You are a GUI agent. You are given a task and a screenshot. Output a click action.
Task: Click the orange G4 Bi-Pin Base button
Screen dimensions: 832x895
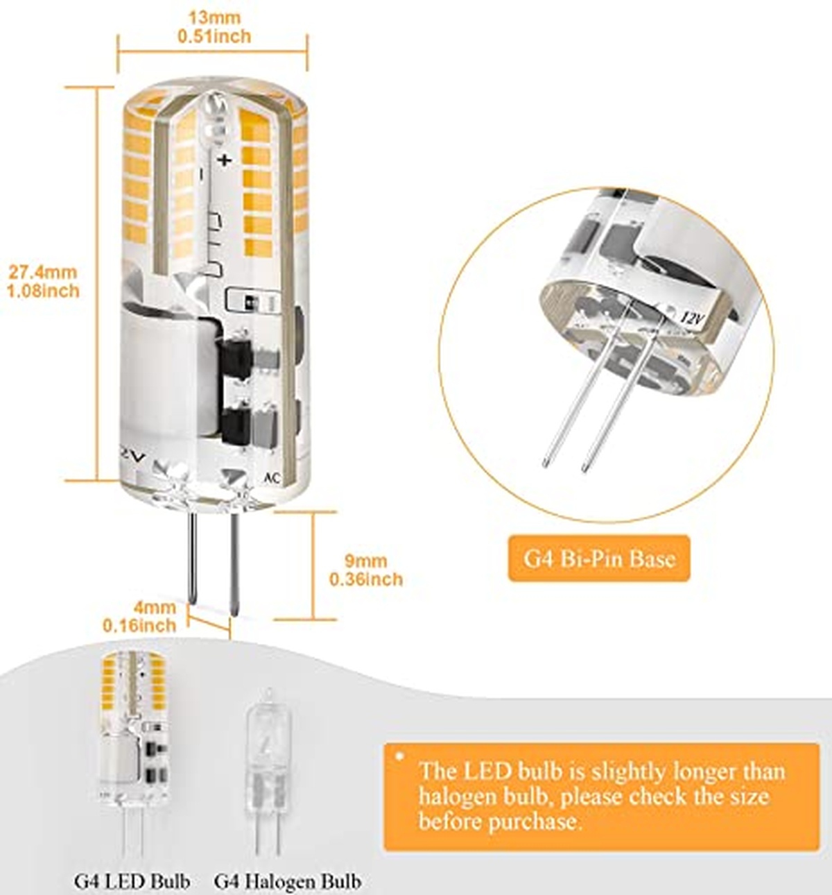599,559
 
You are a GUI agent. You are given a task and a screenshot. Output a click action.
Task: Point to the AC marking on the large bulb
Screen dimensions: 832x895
272,478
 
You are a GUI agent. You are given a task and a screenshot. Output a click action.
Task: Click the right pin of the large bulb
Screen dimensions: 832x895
234,563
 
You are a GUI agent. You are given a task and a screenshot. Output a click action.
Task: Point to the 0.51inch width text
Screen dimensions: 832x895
214,36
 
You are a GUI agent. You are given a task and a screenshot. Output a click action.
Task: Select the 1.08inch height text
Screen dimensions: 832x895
43,290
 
